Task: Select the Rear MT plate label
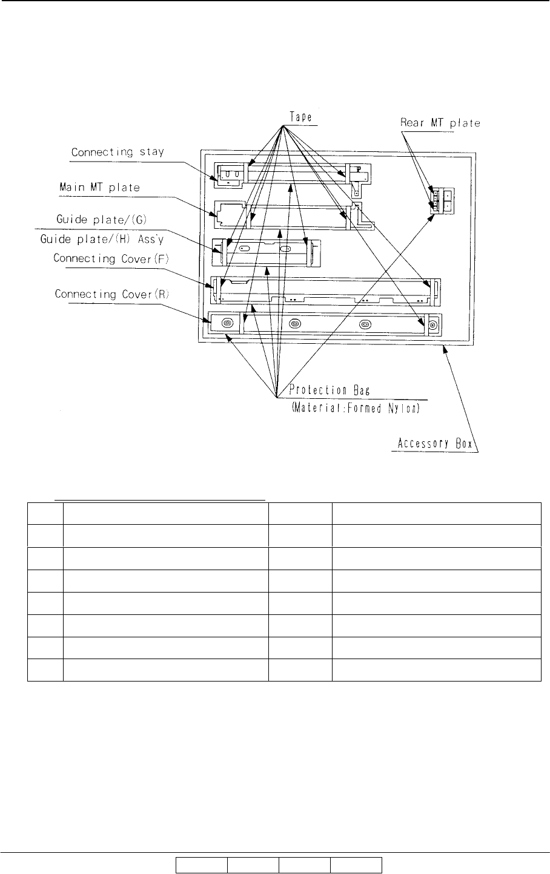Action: (440, 123)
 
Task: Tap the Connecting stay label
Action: (118, 153)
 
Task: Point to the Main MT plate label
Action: (99, 188)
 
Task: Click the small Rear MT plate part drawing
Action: (442, 200)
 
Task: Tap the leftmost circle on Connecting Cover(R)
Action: (227, 323)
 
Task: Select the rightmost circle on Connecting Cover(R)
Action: (432, 325)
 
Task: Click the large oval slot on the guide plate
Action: (285, 248)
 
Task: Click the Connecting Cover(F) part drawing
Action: (325, 291)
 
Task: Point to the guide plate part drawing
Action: (267, 252)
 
